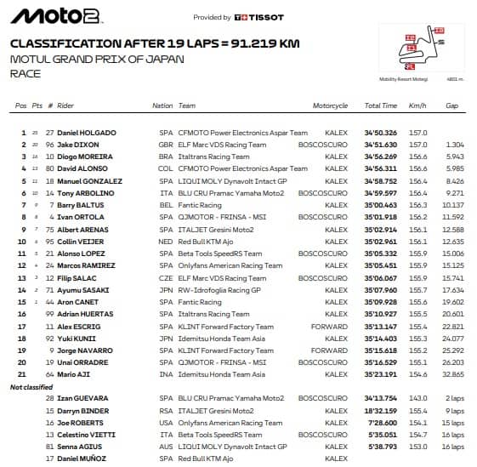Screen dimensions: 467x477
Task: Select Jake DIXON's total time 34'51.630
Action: pos(381,145)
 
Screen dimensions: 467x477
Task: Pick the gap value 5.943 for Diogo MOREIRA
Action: pos(454,157)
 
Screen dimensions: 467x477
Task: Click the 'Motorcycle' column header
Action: pos(330,106)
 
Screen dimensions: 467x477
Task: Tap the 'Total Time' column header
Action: pos(380,106)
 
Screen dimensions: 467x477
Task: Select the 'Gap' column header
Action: pos(452,106)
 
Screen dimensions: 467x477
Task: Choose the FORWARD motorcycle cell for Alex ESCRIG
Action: pos(329,326)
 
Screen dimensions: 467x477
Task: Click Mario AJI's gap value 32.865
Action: pos(452,374)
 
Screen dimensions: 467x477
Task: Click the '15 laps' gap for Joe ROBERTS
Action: pos(451,422)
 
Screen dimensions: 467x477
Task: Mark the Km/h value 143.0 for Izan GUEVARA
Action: pos(418,398)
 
